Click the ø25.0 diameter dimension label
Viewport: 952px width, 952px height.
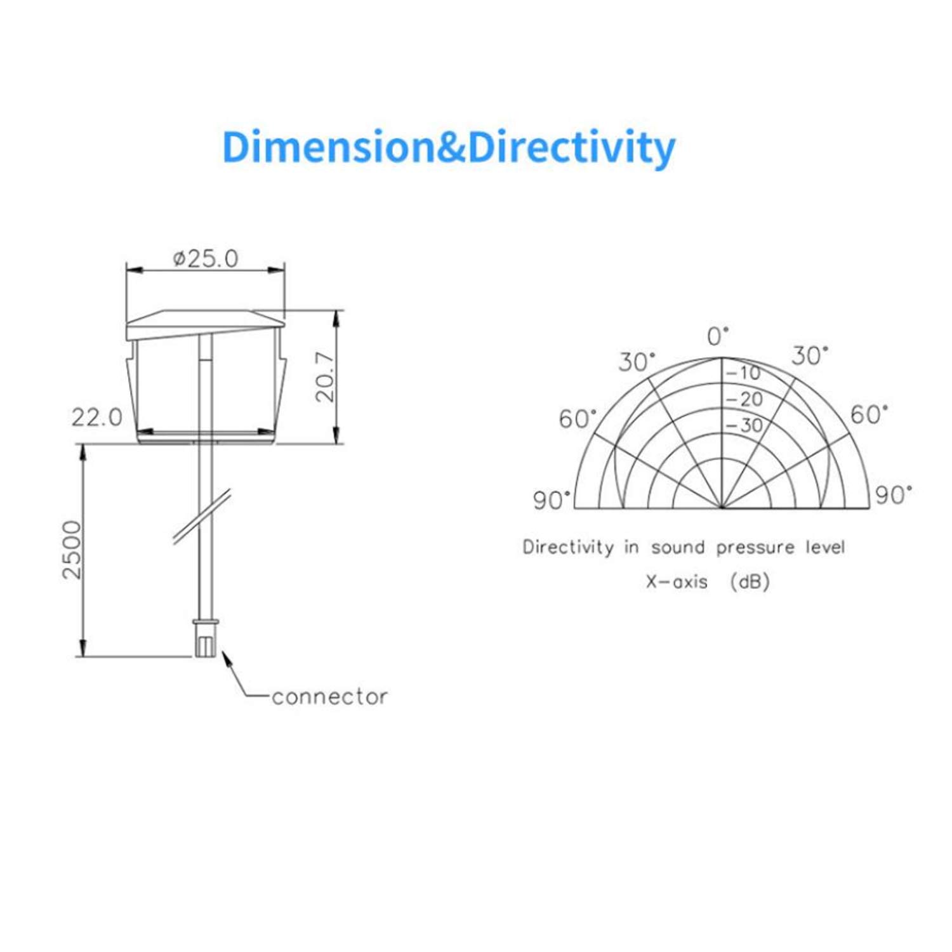click(x=206, y=258)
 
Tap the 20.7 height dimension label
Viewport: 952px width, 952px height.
click(x=325, y=378)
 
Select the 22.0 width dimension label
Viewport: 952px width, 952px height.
click(x=96, y=418)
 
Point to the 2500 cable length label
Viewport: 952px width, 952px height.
click(x=72, y=550)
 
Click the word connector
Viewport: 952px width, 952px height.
click(x=329, y=697)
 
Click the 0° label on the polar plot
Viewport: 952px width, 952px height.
click(x=718, y=336)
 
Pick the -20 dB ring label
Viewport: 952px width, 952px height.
click(x=744, y=399)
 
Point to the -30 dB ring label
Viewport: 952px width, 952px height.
click(x=744, y=425)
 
